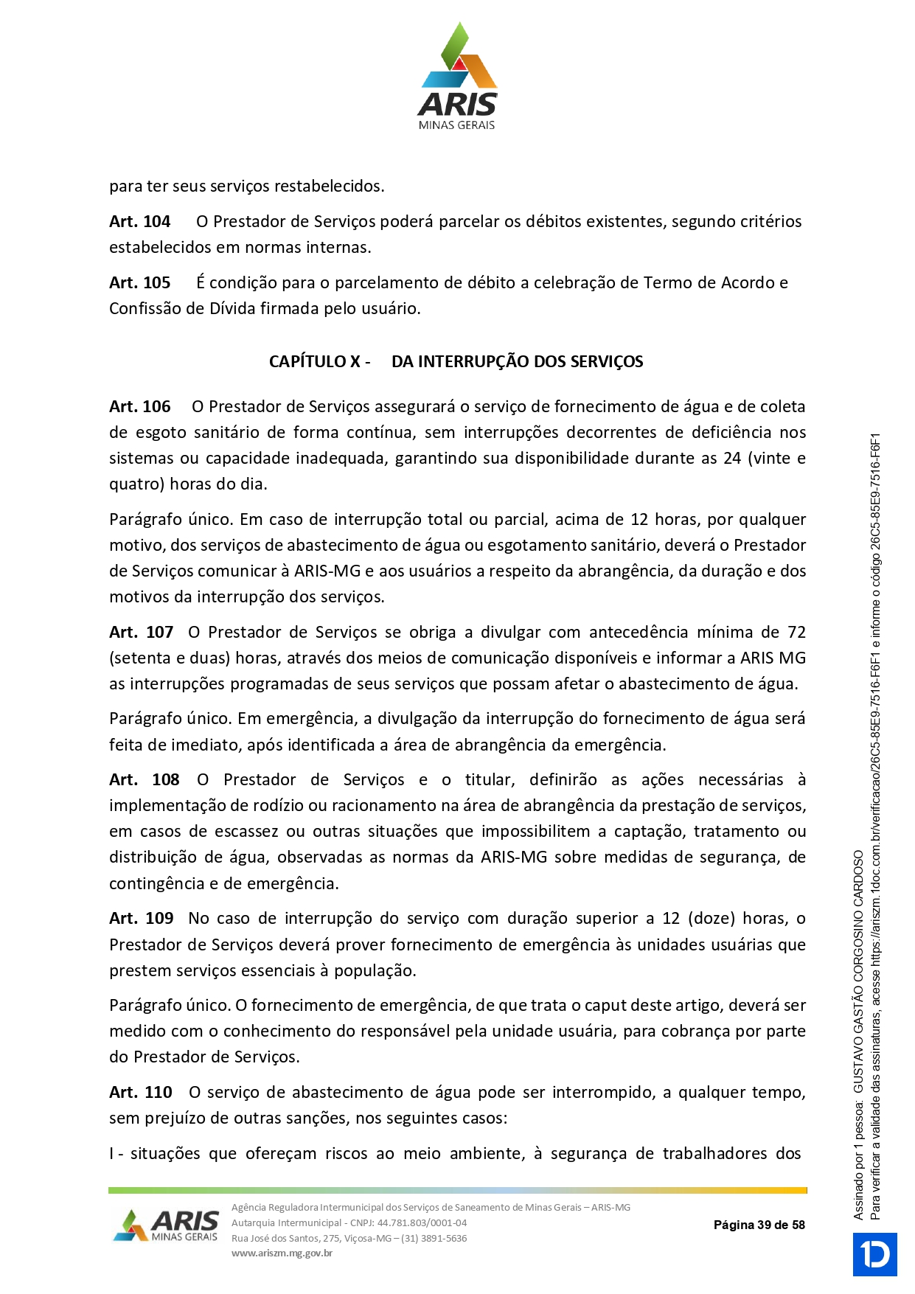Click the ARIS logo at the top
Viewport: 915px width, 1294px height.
pyautogui.click(x=457, y=77)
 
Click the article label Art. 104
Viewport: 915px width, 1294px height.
pyautogui.click(x=139, y=222)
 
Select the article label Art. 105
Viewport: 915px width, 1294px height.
pyautogui.click(x=139, y=283)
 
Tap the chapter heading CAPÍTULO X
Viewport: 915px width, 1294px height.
pyautogui.click(x=319, y=362)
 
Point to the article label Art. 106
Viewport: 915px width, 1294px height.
pyautogui.click(x=139, y=407)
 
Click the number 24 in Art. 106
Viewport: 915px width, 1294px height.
pyautogui.click(x=731, y=459)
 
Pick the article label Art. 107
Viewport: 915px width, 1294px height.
pyautogui.click(x=141, y=633)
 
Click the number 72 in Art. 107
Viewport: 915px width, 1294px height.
pyautogui.click(x=796, y=633)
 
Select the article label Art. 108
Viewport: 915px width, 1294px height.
pyautogui.click(x=144, y=780)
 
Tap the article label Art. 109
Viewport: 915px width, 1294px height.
pyautogui.click(x=141, y=919)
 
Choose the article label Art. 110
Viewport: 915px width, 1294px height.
pyautogui.click(x=140, y=1093)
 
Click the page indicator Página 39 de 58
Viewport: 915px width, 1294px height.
pyautogui.click(x=759, y=1225)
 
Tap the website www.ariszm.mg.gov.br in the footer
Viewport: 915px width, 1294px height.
pyautogui.click(x=282, y=1253)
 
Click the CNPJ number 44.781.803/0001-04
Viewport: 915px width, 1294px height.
pyautogui.click(x=422, y=1222)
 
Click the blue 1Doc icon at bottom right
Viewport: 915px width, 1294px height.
pyautogui.click(x=875, y=1254)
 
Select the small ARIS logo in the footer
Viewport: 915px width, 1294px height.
pyautogui.click(x=167, y=1225)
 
